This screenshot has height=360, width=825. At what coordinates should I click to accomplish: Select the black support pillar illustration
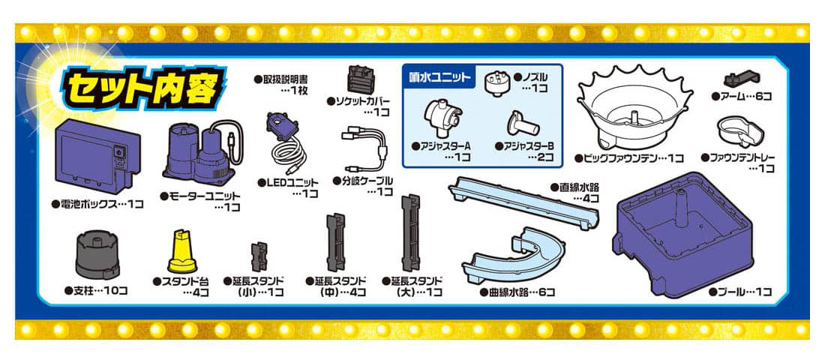coord(97,256)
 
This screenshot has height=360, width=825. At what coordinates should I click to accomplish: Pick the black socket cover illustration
coord(361,79)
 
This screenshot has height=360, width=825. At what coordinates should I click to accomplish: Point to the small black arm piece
coord(741,79)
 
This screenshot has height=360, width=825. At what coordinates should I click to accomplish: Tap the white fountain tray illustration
coord(739,131)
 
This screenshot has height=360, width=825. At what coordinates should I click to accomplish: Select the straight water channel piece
coord(523,202)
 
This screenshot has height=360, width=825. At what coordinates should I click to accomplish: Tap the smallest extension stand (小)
coord(259,256)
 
